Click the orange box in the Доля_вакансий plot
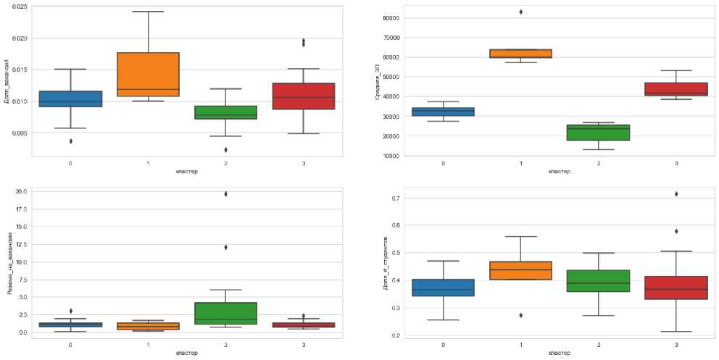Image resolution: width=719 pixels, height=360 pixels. [148, 74]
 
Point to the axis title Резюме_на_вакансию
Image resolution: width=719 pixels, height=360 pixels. [9, 264]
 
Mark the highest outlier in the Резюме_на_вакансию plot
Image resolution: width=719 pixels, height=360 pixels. [226, 194]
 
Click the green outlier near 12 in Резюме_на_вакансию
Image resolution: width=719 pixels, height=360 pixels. [226, 247]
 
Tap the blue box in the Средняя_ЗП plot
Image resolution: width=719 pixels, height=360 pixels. [444, 112]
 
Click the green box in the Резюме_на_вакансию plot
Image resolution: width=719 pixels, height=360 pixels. [226, 314]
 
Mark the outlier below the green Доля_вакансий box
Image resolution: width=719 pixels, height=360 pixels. [226, 150]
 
